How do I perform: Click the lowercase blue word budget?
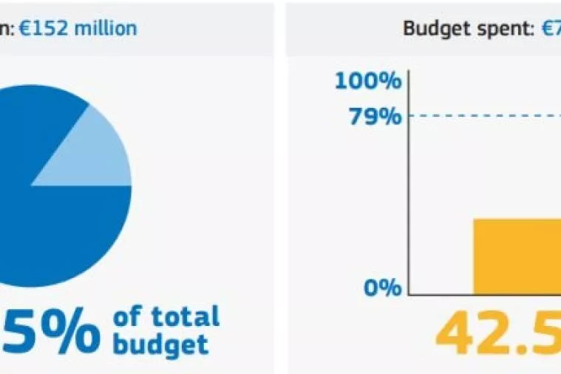[161, 344]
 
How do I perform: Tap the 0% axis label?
[383, 287]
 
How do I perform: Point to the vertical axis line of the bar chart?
[409, 185]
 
